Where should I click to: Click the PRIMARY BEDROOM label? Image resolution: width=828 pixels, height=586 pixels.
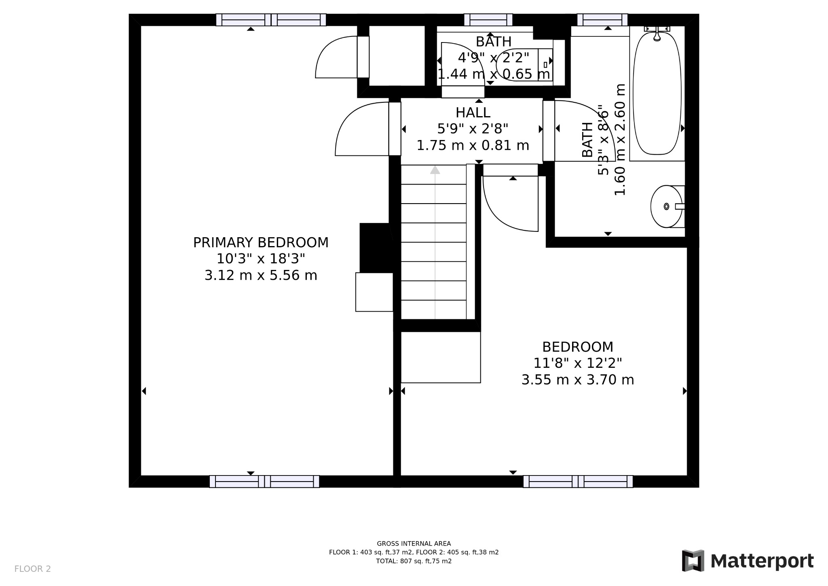click(x=261, y=243)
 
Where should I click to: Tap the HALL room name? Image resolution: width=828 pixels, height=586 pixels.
click(x=473, y=113)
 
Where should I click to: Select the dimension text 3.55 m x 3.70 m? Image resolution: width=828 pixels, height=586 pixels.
click(x=577, y=380)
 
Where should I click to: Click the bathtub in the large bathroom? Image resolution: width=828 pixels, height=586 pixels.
click(x=657, y=93)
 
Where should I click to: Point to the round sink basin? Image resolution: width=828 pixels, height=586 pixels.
click(x=665, y=206)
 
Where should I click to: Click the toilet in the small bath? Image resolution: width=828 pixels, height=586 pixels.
click(x=520, y=65)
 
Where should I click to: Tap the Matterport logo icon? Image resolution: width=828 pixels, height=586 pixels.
click(x=693, y=561)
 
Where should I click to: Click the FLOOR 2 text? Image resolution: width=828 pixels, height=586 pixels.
click(x=32, y=569)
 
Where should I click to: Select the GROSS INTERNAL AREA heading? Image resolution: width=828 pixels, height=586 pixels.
click(x=414, y=544)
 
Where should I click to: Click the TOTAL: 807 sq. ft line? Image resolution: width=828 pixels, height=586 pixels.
click(x=414, y=561)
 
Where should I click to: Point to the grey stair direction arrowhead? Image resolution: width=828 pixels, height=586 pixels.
click(x=435, y=170)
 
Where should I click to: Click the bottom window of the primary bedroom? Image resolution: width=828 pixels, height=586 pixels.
click(x=264, y=481)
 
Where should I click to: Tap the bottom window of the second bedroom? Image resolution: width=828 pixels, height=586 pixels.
click(x=578, y=481)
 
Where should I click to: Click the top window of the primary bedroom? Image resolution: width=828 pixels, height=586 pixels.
click(x=271, y=20)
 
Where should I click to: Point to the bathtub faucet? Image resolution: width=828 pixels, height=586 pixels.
click(x=657, y=34)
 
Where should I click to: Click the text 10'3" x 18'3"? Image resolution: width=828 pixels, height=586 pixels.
click(x=261, y=259)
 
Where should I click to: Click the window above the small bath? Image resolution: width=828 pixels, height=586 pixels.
click(x=488, y=20)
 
